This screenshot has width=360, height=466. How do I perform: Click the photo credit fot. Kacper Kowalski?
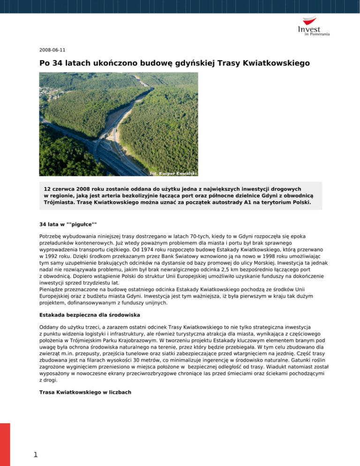click(166, 173)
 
